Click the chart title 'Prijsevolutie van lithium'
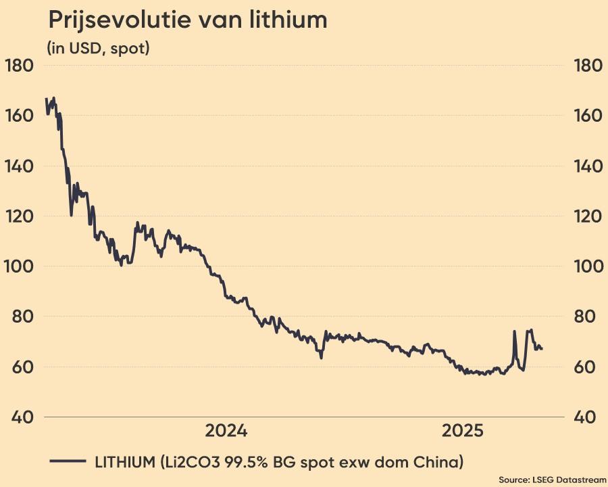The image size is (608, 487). click(187, 20)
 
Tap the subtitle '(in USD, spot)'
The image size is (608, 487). click(98, 49)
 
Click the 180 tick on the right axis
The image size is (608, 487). click(586, 66)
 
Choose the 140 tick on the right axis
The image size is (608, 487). click(586, 166)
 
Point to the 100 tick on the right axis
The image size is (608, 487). click(586, 266)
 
